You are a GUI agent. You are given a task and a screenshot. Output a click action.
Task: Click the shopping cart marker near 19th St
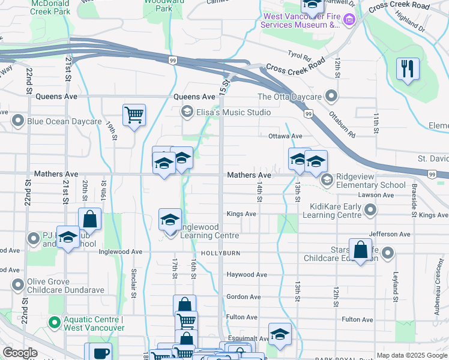[134, 114]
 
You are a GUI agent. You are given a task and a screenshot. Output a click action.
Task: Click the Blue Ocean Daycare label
[64, 121]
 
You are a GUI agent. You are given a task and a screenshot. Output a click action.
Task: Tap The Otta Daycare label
[289, 97]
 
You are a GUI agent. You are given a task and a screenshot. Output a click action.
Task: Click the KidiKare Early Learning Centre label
[336, 211]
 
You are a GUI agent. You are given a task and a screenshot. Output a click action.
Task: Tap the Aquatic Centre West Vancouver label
[94, 323]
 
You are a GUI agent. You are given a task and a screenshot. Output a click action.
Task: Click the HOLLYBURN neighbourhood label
[220, 253]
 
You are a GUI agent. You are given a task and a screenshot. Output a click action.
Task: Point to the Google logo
[20, 353]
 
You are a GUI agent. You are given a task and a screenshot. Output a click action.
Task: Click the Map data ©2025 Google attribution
[412, 355]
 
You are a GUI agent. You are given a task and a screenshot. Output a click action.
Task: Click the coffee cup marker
[100, 353]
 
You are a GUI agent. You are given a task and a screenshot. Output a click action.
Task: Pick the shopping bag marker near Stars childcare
[360, 251]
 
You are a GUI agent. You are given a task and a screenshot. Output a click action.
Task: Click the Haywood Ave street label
[246, 275]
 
